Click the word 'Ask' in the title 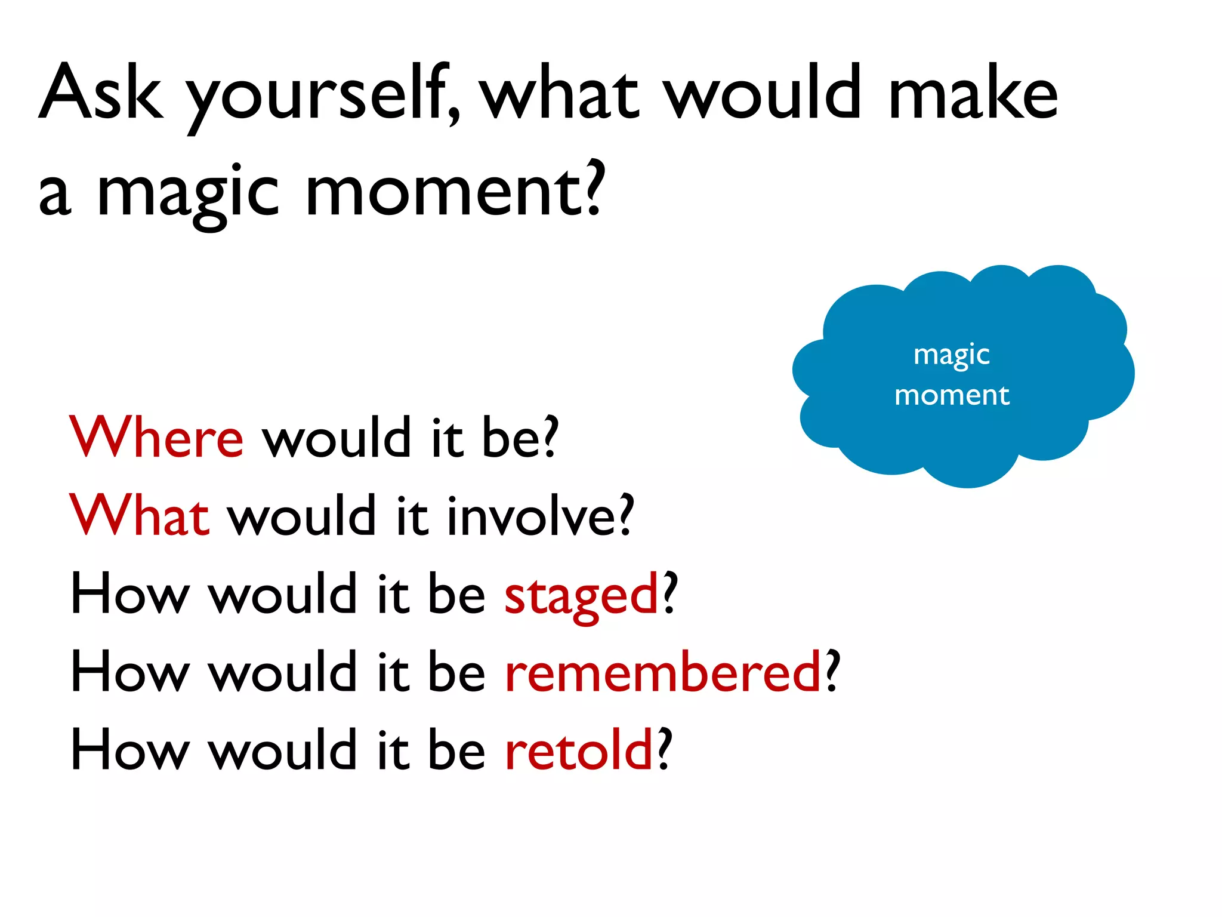[101, 93]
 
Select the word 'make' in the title [973, 93]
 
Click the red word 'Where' [156, 437]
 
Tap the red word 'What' [139, 515]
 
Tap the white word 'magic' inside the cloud [952, 356]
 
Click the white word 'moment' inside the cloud [952, 395]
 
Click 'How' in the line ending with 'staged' [129, 594]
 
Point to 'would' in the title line [764, 93]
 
